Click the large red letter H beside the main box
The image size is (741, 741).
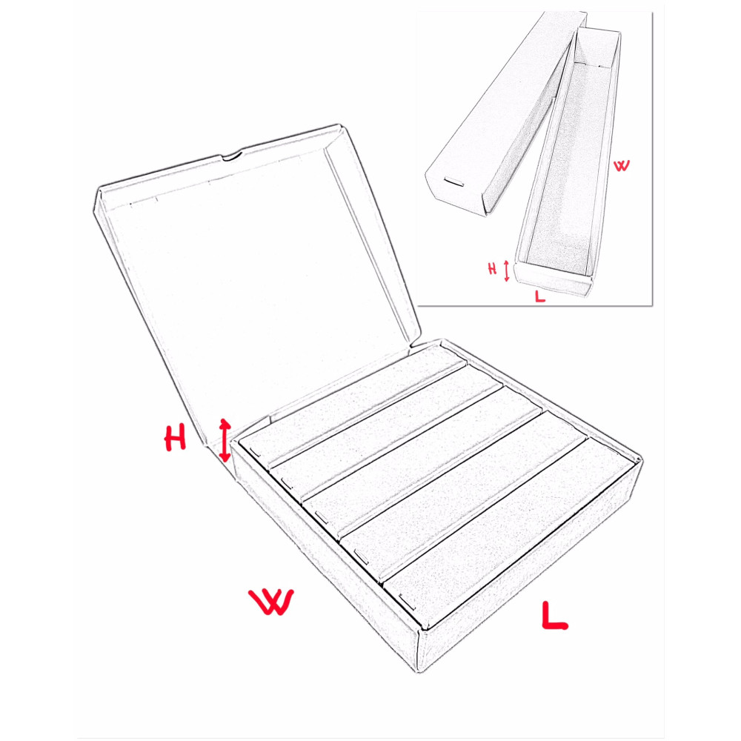[x=175, y=438]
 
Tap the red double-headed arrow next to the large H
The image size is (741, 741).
[x=225, y=440]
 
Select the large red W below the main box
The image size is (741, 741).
[x=272, y=601]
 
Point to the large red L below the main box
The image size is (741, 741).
[x=554, y=616]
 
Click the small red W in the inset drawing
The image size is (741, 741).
[x=622, y=165]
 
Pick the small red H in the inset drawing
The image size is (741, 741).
[x=493, y=269]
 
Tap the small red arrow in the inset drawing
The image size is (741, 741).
[x=507, y=270]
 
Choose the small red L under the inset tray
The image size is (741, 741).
[x=539, y=296]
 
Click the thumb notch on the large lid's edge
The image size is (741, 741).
[x=232, y=156]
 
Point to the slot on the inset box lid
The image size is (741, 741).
[x=454, y=181]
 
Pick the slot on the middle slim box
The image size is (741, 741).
[x=321, y=517]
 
